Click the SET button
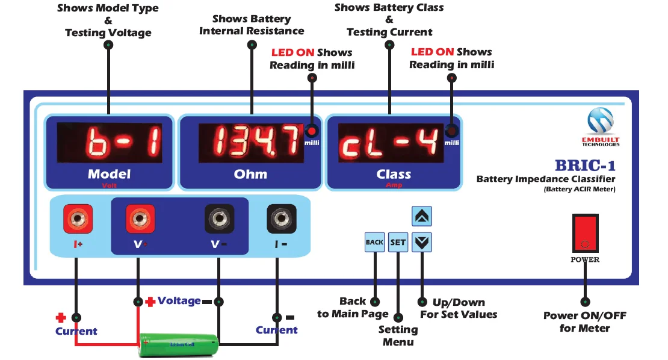(398, 242)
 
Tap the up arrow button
(422, 216)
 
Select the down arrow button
(422, 242)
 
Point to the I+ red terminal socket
(78, 219)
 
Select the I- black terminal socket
(281, 219)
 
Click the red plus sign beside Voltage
(150, 301)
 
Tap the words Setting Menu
(398, 336)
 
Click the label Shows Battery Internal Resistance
(252, 25)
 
